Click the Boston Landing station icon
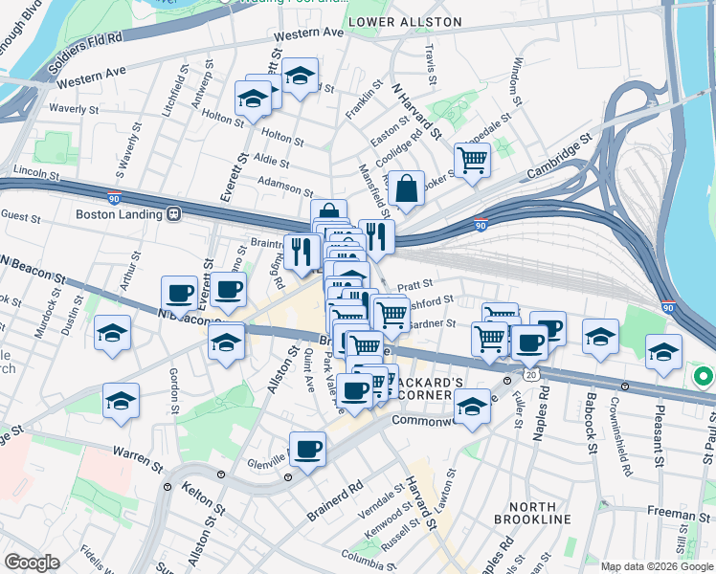click(x=174, y=214)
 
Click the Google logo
click(x=32, y=563)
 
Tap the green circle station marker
click(x=704, y=377)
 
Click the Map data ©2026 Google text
click(x=657, y=566)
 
